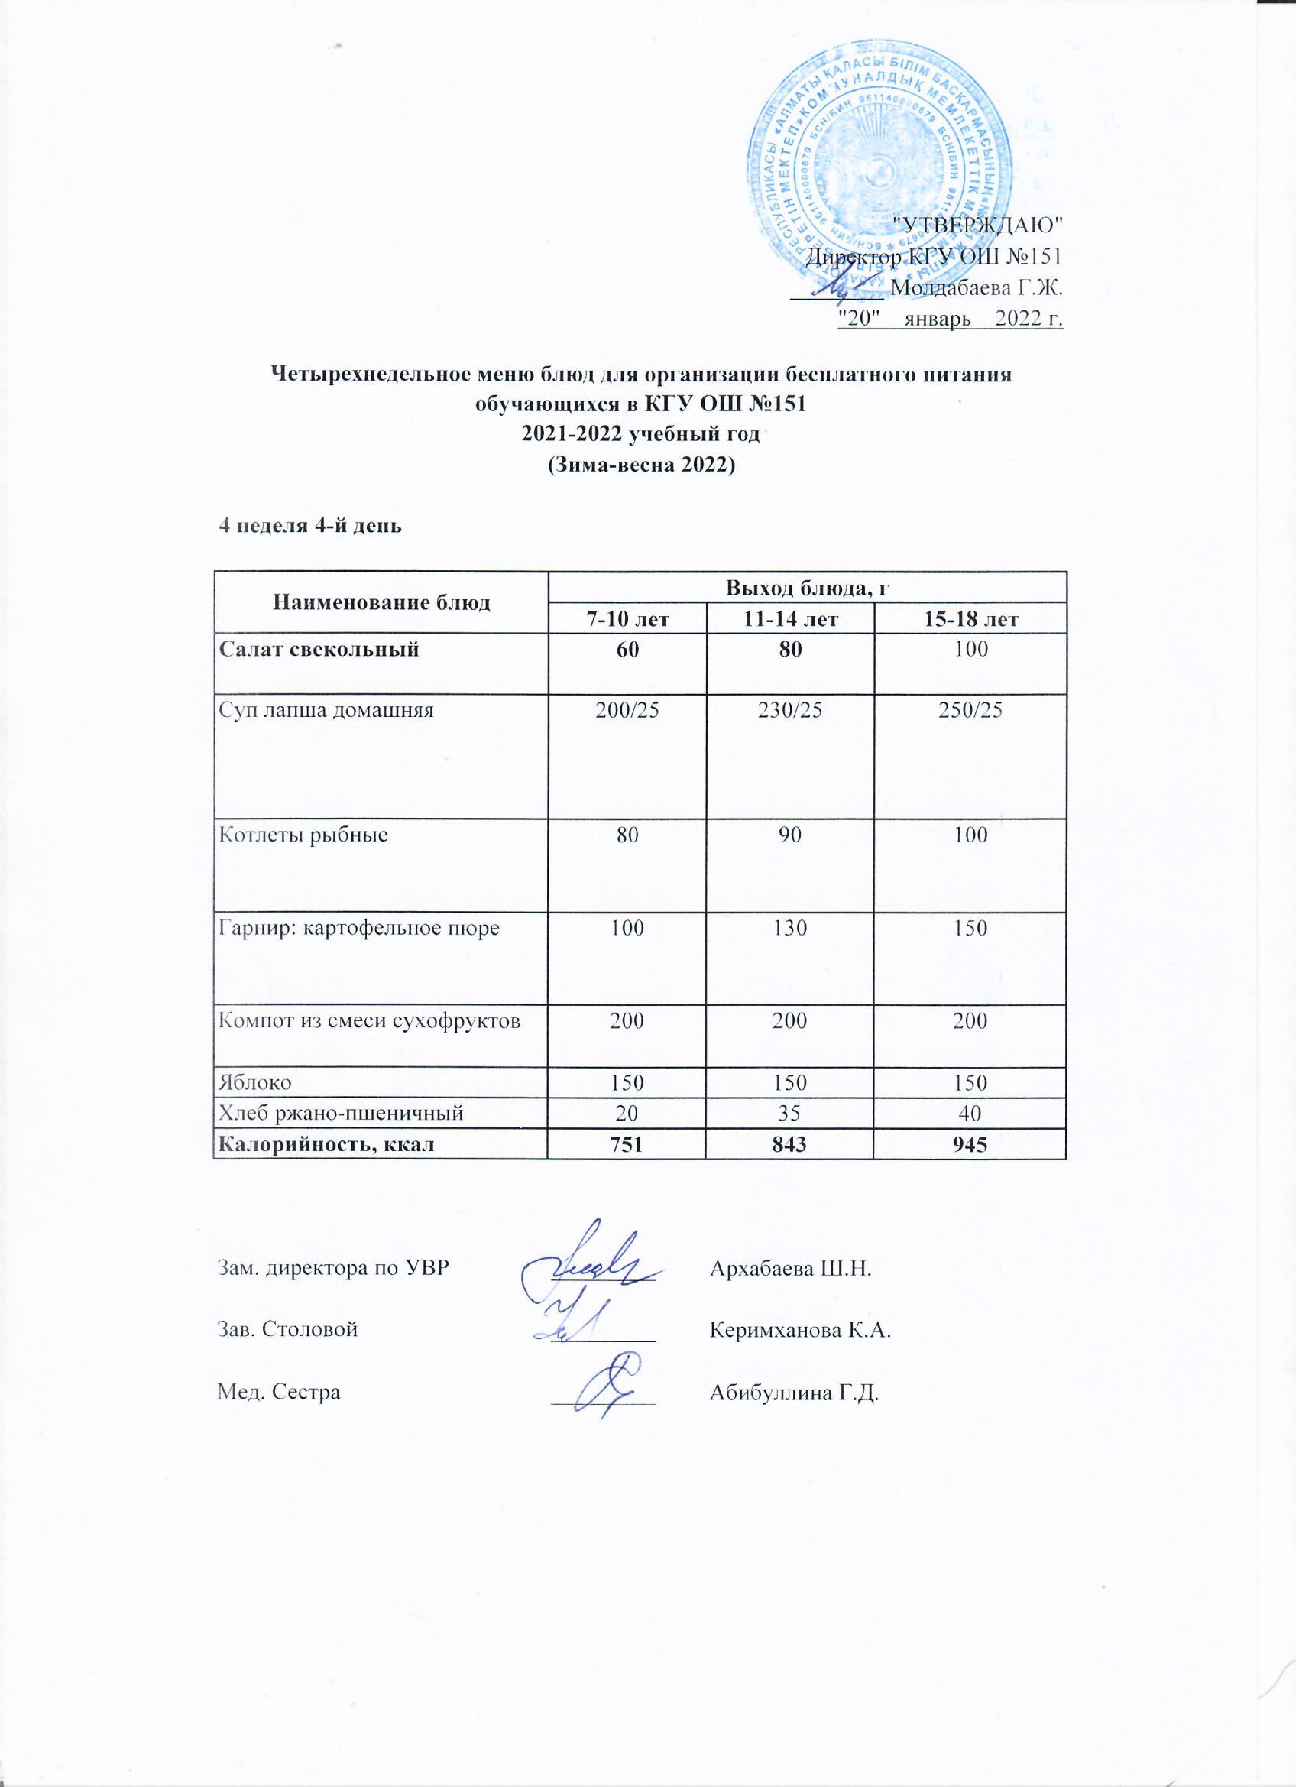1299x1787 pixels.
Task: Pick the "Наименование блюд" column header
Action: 381,603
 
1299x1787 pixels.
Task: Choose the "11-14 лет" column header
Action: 791,618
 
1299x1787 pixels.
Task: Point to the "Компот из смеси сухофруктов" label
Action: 368,1022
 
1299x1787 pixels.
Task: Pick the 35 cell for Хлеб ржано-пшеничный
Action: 791,1113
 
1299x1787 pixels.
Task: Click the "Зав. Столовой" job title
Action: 287,1330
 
